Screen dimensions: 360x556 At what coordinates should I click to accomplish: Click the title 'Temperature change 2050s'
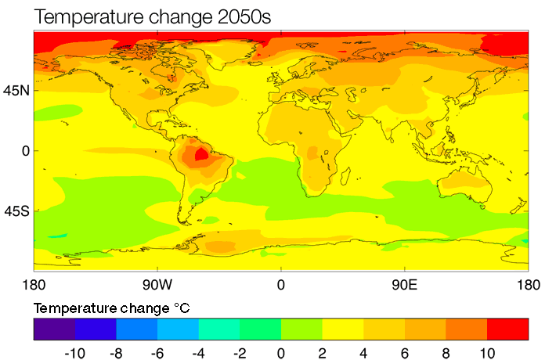(140, 15)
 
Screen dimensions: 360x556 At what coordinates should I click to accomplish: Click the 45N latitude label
(16, 91)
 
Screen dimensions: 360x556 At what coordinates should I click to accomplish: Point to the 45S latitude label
(16, 211)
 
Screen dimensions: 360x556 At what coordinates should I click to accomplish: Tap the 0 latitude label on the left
(25, 150)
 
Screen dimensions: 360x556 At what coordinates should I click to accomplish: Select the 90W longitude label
(157, 284)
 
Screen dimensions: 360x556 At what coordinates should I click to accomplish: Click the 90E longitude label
(404, 284)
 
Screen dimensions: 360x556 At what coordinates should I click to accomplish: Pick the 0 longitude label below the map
(280, 284)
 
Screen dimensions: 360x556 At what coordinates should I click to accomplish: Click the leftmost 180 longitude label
(34, 284)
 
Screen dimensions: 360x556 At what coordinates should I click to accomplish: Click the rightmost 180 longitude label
(528, 284)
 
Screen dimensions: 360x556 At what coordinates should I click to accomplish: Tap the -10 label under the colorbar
(74, 353)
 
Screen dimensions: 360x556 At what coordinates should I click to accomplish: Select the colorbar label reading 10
(486, 353)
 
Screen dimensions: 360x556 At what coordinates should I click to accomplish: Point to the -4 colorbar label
(198, 353)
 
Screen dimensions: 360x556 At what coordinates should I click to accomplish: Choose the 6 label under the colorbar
(404, 353)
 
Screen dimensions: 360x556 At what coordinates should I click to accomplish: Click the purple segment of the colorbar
(54, 329)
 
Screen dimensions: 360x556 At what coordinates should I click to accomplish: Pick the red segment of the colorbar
(507, 329)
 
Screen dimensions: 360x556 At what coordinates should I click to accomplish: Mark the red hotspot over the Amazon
(201, 154)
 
